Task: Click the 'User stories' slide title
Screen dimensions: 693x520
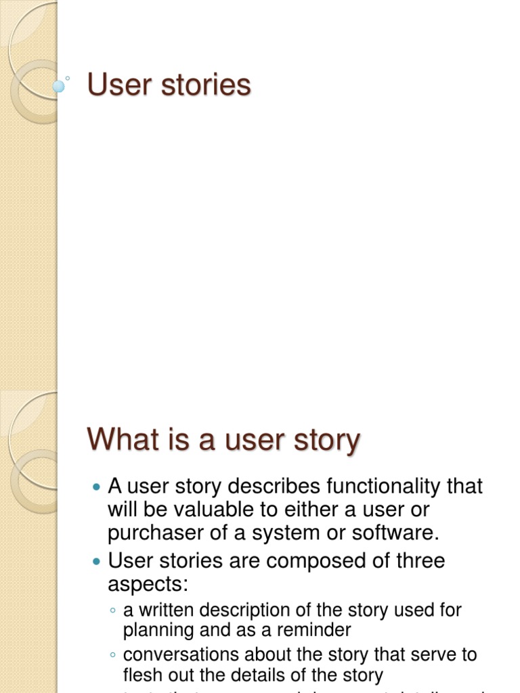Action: click(169, 85)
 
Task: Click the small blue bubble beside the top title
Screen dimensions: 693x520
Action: click(59, 86)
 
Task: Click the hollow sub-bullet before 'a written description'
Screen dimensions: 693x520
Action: click(112, 610)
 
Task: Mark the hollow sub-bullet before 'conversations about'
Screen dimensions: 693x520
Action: click(112, 655)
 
